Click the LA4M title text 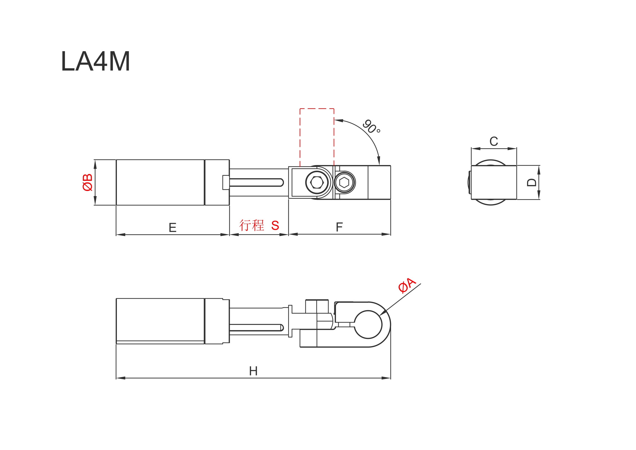tap(96, 61)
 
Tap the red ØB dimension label tap(87, 183)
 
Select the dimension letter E tap(172, 227)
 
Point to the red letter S tap(275, 225)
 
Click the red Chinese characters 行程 tap(252, 225)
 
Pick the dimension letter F tap(339, 227)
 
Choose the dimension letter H tap(253, 371)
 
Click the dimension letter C tap(494, 141)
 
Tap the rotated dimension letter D tap(531, 183)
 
